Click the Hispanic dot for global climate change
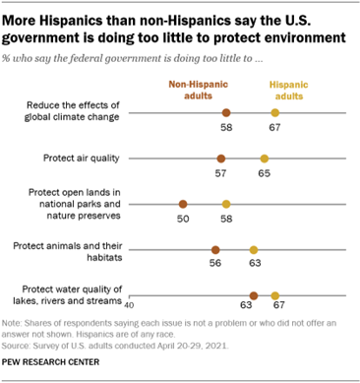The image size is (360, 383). coord(275,114)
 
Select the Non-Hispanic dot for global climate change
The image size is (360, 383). coord(226,114)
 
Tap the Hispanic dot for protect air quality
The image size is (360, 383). coord(265,159)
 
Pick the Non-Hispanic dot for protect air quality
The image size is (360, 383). coord(220,159)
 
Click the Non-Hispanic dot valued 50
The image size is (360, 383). coord(182,204)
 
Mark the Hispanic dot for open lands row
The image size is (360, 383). coord(226,204)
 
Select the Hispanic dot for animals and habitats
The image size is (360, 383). coord(254,250)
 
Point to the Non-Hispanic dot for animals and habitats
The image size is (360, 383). coord(215,250)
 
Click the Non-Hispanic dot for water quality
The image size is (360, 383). coord(254,294)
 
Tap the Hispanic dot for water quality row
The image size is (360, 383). coord(275,294)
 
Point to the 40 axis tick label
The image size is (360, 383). coord(128,302)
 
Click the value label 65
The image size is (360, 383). coord(265,173)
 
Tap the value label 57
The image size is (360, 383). coord(220,173)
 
